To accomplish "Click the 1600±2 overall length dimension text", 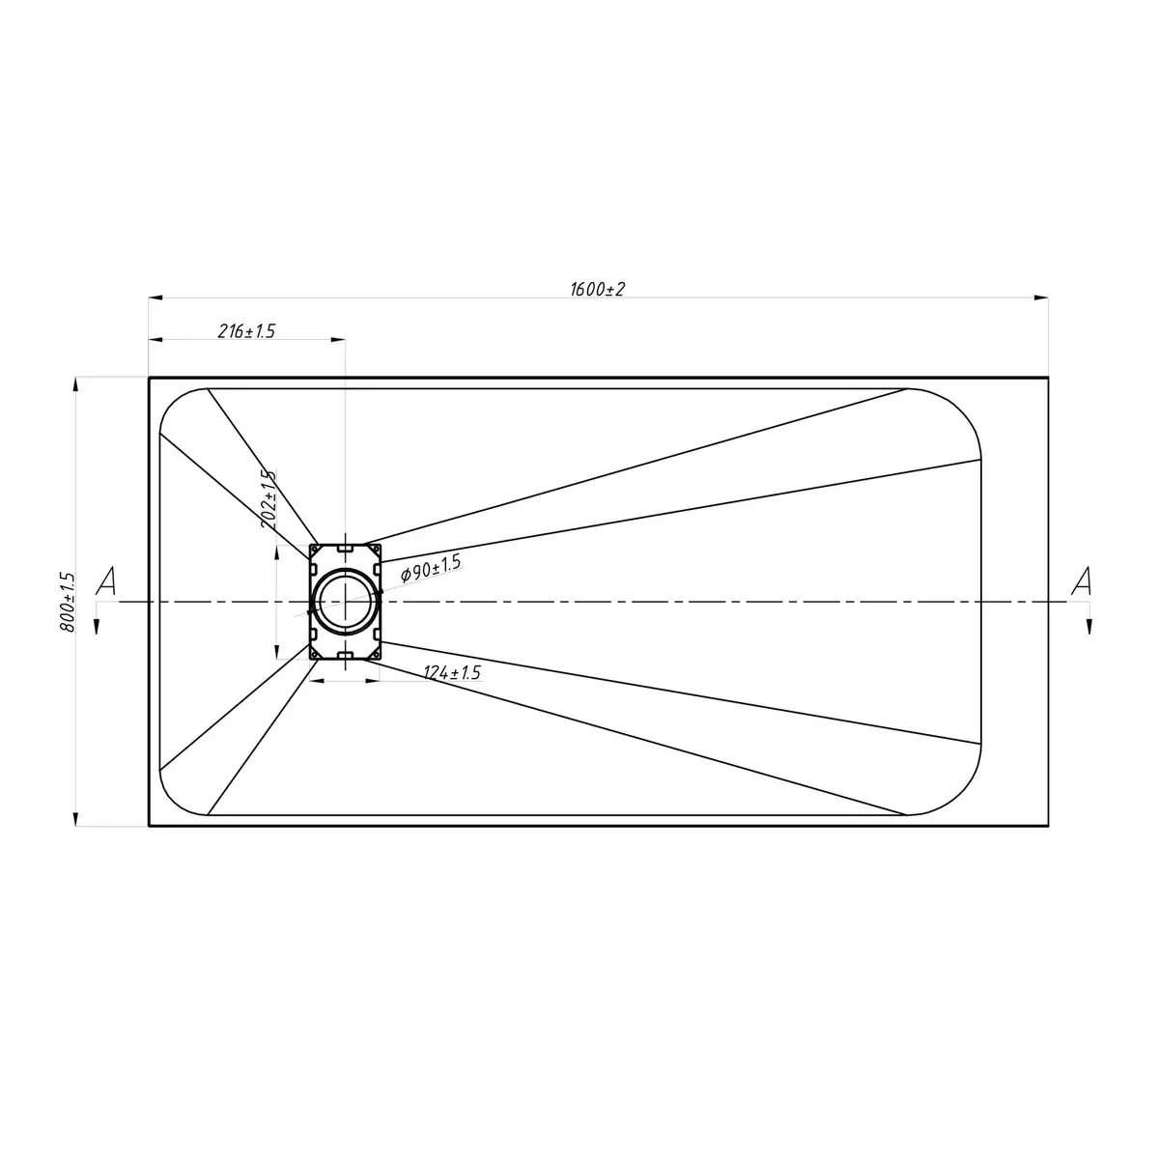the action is click(x=597, y=290).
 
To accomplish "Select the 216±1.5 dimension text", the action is click(x=246, y=331).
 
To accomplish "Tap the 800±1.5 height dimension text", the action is click(x=68, y=602).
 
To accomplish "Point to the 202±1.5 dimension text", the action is click(x=269, y=498).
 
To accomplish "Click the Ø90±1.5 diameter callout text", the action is click(x=431, y=568).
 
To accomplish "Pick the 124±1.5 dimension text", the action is click(x=452, y=672).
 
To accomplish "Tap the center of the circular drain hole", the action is click(x=345, y=602).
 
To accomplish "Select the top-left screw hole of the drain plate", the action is click(x=314, y=550).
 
